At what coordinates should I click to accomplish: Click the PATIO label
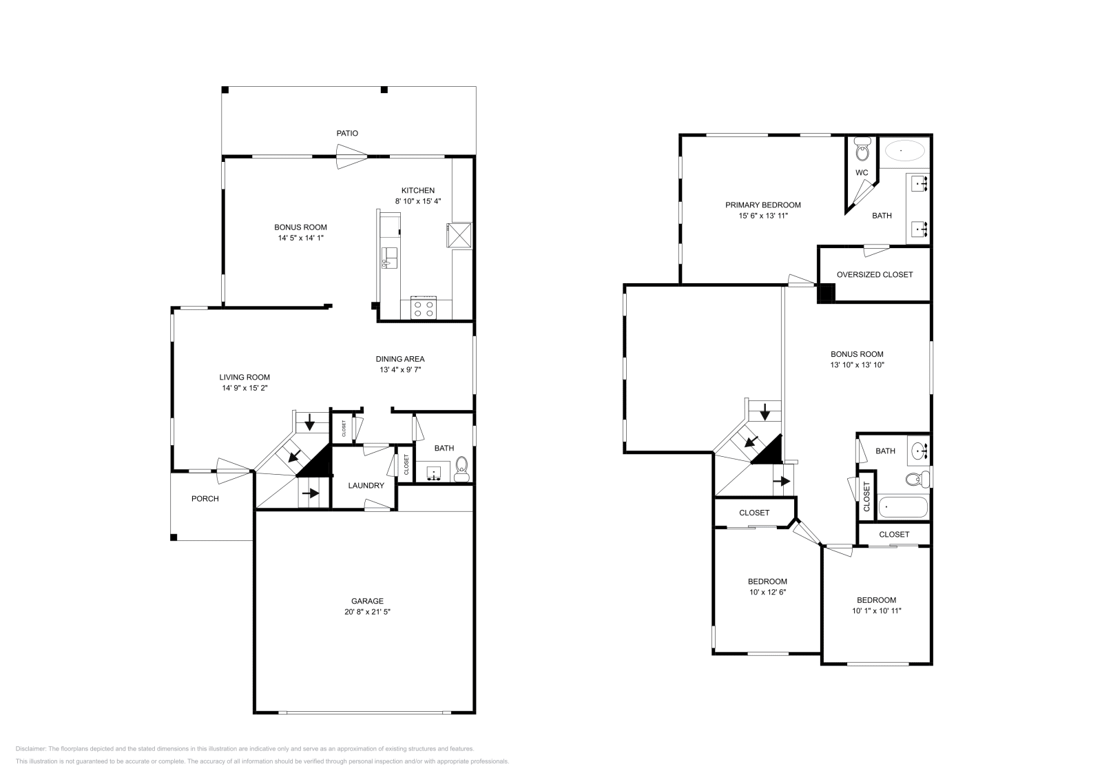tap(347, 133)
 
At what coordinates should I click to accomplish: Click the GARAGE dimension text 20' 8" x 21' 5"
tap(368, 612)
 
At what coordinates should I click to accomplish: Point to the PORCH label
tap(205, 498)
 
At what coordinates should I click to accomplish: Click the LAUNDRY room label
tap(366, 486)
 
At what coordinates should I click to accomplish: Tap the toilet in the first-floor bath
tap(462, 469)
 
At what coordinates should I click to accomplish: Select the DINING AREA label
tap(400, 359)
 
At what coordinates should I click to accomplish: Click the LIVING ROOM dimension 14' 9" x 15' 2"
tap(245, 388)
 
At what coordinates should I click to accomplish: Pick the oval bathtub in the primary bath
tap(904, 150)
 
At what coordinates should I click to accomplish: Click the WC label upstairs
tap(862, 172)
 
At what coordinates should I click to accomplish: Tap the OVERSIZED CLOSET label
tap(875, 274)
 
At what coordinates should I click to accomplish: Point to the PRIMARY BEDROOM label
tap(763, 205)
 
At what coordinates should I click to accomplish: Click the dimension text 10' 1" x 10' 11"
tap(877, 610)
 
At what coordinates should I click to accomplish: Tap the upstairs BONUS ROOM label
tap(857, 354)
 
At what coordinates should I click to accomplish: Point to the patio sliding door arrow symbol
tap(351, 163)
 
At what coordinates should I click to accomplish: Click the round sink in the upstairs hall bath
tap(919, 451)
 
